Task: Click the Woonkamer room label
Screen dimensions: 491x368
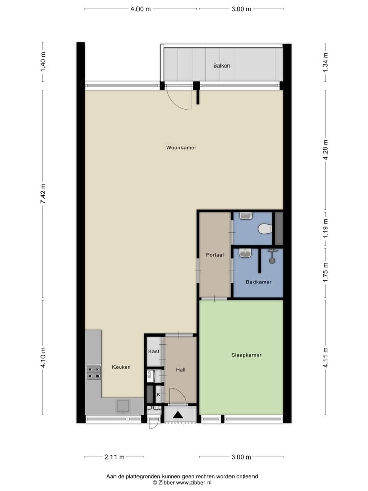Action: coord(181,148)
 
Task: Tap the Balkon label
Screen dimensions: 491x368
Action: coord(222,65)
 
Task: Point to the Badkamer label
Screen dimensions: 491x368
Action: coord(258,282)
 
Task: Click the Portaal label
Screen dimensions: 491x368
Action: coord(215,255)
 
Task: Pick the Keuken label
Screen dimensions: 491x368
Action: coord(122,367)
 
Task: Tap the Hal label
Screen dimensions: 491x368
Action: coord(180,370)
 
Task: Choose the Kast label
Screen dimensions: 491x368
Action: coord(154,351)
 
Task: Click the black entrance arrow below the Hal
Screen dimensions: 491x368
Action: coord(179,415)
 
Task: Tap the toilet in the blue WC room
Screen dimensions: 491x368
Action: coord(265,229)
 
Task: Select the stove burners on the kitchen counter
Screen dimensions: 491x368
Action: coord(94,371)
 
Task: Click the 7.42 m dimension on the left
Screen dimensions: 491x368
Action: coord(43,194)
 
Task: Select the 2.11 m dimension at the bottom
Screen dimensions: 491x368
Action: coord(113,457)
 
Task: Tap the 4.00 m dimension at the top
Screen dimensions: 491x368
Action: coord(141,9)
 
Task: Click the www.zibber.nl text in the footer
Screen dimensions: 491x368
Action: coord(194,482)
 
